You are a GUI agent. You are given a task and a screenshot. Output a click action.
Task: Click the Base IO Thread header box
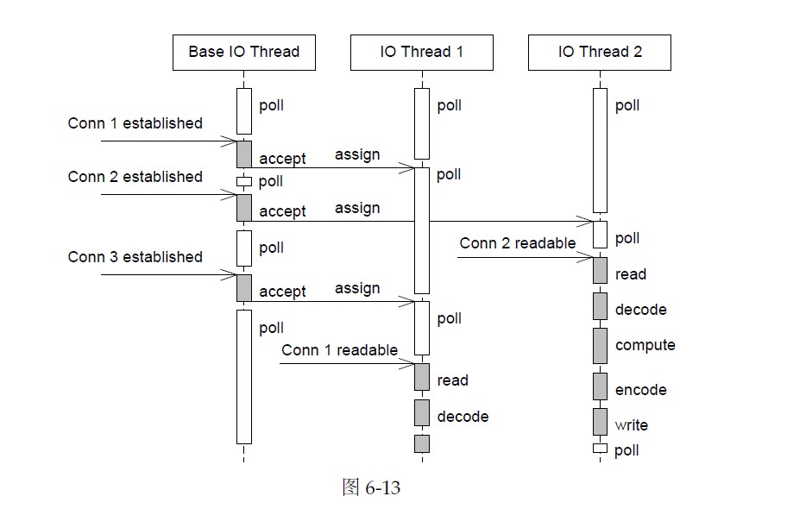(x=243, y=52)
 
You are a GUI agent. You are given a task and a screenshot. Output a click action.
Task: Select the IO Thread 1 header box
(x=422, y=52)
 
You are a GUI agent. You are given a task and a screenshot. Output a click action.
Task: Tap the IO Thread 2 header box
(x=600, y=52)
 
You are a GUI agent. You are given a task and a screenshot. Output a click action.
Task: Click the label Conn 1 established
(x=135, y=123)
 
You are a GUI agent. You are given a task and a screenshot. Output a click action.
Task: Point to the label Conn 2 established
(x=135, y=177)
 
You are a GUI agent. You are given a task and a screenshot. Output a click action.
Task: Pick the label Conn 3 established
(x=135, y=257)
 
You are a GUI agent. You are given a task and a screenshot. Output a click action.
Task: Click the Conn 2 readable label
(x=517, y=243)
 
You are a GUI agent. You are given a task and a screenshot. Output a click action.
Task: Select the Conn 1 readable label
(x=339, y=350)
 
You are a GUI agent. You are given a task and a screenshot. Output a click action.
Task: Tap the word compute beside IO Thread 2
(x=645, y=345)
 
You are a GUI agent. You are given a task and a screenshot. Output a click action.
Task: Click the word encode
(x=640, y=390)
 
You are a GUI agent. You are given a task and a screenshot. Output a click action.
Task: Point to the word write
(x=631, y=425)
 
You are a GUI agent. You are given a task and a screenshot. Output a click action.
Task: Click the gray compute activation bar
(x=600, y=345)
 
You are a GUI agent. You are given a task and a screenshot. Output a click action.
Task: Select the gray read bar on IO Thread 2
(x=600, y=270)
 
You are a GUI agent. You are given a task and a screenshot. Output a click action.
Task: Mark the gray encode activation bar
(x=600, y=386)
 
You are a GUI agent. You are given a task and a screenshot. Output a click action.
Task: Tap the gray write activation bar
(x=600, y=422)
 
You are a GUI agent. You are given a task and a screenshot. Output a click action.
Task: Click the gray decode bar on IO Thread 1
(x=422, y=413)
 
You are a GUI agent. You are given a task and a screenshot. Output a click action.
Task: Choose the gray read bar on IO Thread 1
(x=422, y=377)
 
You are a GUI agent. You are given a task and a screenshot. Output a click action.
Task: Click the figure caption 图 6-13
(x=371, y=488)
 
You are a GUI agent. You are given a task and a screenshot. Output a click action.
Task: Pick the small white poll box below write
(x=600, y=449)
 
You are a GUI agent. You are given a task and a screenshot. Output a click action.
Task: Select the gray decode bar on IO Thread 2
(x=600, y=305)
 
